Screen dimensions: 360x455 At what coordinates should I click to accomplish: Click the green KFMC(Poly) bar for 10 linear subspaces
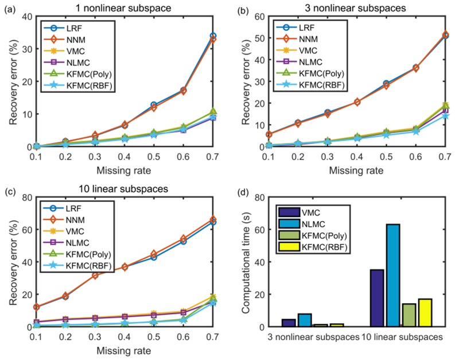coord(409,315)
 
